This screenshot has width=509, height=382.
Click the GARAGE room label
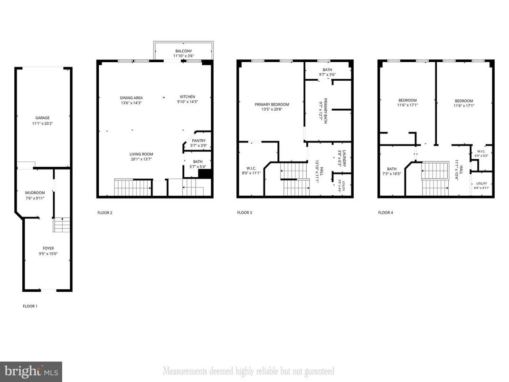(42, 118)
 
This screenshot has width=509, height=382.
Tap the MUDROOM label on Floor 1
(35, 192)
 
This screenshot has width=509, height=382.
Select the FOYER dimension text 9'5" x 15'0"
(48, 254)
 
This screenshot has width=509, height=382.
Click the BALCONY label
(183, 51)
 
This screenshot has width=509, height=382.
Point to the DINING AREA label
(131, 98)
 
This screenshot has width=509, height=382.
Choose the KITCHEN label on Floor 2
(187, 97)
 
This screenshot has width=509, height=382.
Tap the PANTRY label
(198, 141)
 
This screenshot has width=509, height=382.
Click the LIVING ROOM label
(141, 154)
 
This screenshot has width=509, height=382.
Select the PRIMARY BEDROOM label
(272, 105)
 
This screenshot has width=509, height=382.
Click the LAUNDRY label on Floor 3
(345, 158)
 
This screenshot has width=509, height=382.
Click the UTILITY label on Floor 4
(481, 183)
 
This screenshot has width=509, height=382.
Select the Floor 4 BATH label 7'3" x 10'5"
(391, 169)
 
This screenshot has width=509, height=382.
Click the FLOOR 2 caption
(104, 212)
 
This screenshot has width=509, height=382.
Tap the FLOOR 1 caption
(30, 306)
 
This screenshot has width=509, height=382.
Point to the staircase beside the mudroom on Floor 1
(62, 225)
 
